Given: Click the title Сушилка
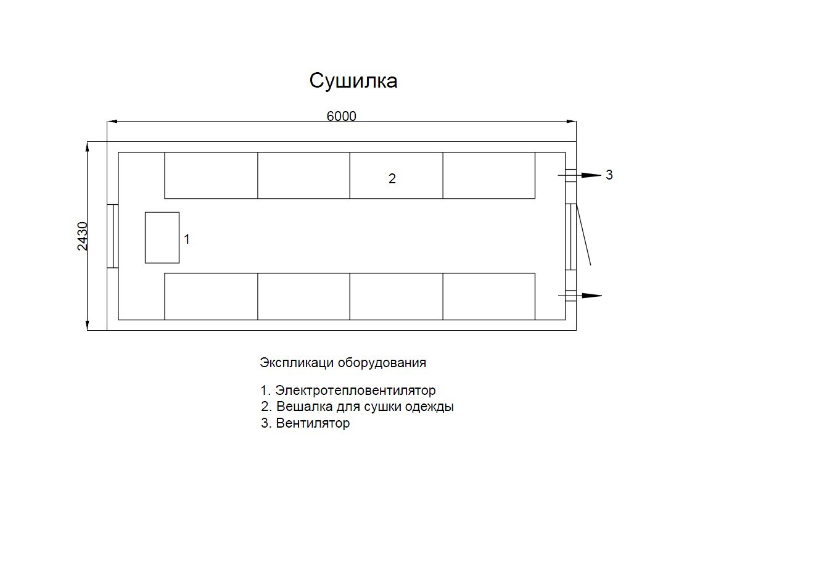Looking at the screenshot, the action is click(x=353, y=81).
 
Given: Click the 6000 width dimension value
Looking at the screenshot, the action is click(x=341, y=116).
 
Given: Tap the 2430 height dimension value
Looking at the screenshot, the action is click(x=83, y=236).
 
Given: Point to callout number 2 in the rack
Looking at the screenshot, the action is click(x=392, y=178).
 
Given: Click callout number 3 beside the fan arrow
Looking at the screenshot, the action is click(x=609, y=175).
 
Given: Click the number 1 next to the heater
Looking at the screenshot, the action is click(x=187, y=239).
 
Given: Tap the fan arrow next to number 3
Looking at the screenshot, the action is click(x=580, y=175).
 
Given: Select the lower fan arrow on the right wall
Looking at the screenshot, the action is click(x=580, y=296).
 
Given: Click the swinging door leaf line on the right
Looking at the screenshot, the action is click(x=583, y=234).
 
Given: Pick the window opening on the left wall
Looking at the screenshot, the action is click(x=113, y=236).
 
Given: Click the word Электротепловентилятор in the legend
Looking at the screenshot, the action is click(x=355, y=390).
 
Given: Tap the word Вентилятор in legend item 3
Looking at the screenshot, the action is click(x=313, y=423).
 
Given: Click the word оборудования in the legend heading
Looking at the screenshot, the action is click(x=382, y=363).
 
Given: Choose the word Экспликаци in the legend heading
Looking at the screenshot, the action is click(x=297, y=363).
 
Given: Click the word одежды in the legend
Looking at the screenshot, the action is click(x=429, y=407).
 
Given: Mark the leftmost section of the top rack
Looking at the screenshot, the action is click(x=211, y=176).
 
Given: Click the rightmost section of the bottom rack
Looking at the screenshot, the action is click(x=489, y=296).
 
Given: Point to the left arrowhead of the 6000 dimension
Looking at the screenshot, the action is click(x=112, y=121).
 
